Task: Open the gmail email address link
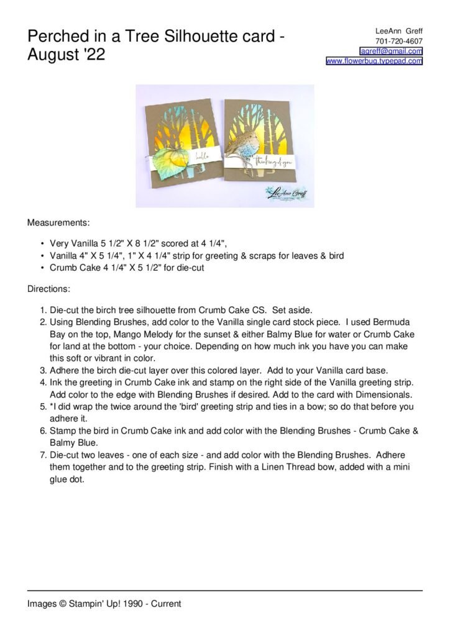click(x=391, y=51)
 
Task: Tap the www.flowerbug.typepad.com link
click(x=374, y=61)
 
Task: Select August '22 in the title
click(x=67, y=55)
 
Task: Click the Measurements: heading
click(x=58, y=221)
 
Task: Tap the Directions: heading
click(x=48, y=289)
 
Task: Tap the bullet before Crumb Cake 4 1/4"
click(x=42, y=268)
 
